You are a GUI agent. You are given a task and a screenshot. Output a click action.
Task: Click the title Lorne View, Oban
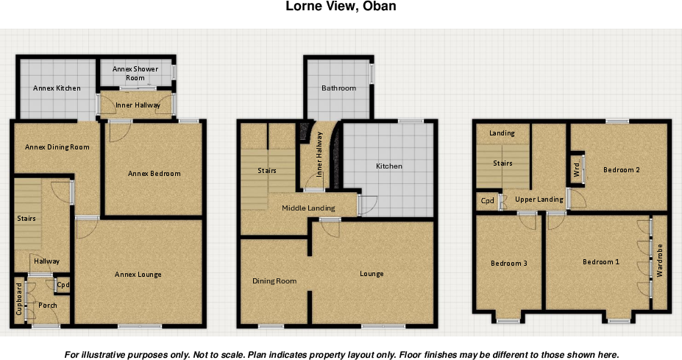pyautogui.click(x=341, y=7)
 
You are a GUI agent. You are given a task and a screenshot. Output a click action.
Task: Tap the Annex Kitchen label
pyautogui.click(x=57, y=88)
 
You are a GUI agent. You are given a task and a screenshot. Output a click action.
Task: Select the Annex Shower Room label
pyautogui.click(x=135, y=73)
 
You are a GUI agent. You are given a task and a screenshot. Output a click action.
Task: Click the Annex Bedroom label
pyautogui.click(x=154, y=174)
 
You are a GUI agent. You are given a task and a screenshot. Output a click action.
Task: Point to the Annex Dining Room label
pyautogui.click(x=57, y=147)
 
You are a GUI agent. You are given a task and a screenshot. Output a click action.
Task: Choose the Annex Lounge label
pyautogui.click(x=138, y=275)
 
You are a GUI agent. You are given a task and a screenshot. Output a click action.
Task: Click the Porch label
pyautogui.click(x=48, y=306)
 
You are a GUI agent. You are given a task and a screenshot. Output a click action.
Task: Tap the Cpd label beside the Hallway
pyautogui.click(x=63, y=285)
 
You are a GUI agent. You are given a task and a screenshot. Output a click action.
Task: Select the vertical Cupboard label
pyautogui.click(x=19, y=299)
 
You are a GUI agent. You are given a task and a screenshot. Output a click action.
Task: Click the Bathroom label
pyautogui.click(x=338, y=88)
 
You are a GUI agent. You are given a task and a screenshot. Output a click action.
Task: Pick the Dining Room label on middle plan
pyautogui.click(x=274, y=281)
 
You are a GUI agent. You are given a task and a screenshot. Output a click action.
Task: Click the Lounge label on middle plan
pyautogui.click(x=372, y=274)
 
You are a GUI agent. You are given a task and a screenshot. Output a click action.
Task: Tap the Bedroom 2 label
pyautogui.click(x=621, y=170)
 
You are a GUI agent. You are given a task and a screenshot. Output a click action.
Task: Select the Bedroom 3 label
pyautogui.click(x=508, y=263)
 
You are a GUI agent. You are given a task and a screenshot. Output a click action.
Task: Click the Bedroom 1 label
pyautogui.click(x=601, y=262)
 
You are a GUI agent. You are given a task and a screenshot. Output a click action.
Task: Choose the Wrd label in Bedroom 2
pyautogui.click(x=576, y=170)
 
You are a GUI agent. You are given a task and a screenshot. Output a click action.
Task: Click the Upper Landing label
pyautogui.click(x=539, y=200)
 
